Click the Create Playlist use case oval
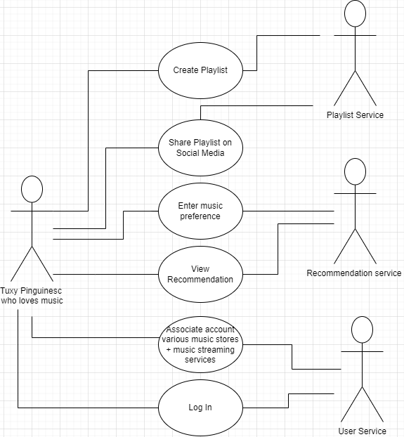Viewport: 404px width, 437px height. (200, 70)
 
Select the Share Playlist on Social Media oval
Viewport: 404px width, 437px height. (200, 148)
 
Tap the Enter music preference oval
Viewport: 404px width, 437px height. (200, 211)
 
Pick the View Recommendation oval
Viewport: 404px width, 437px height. (200, 274)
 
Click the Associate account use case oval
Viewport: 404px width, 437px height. (200, 344)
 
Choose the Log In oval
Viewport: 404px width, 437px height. (200, 407)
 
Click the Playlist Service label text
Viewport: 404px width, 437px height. (356, 115)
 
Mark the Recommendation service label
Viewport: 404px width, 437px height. (354, 273)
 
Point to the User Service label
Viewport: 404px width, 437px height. (361, 431)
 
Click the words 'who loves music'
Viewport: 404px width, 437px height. (32, 301)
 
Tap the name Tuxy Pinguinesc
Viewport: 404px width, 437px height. (32, 291)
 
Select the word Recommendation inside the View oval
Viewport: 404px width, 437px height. (200, 280)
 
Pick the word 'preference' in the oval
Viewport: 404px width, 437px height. (200, 216)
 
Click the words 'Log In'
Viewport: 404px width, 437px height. (200, 407)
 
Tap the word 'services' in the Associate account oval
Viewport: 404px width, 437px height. (200, 360)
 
